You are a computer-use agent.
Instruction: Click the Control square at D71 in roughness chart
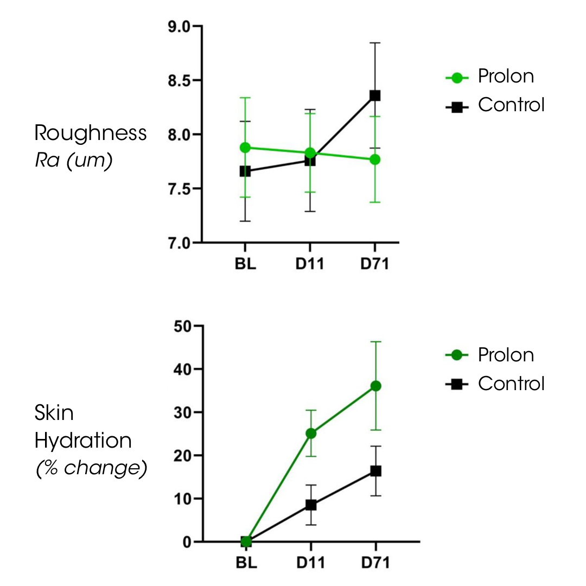(x=374, y=95)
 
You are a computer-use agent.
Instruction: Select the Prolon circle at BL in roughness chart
(x=245, y=148)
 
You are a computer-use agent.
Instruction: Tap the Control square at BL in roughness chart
(x=245, y=171)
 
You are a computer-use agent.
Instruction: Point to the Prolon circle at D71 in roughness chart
(x=374, y=160)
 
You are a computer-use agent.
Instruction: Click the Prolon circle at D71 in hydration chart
(x=375, y=386)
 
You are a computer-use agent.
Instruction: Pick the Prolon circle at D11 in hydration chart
(x=310, y=433)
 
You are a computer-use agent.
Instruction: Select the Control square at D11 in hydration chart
(x=310, y=505)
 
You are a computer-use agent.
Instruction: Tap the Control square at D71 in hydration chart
(x=375, y=471)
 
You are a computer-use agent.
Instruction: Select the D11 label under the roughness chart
(x=310, y=266)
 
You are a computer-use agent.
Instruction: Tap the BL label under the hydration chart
(x=246, y=562)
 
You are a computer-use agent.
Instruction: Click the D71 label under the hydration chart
(x=375, y=562)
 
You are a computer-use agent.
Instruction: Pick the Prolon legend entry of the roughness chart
(x=505, y=77)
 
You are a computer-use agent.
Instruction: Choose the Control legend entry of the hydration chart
(x=510, y=384)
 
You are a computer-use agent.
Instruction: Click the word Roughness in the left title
(x=91, y=133)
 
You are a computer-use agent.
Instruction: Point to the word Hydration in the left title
(x=83, y=441)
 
